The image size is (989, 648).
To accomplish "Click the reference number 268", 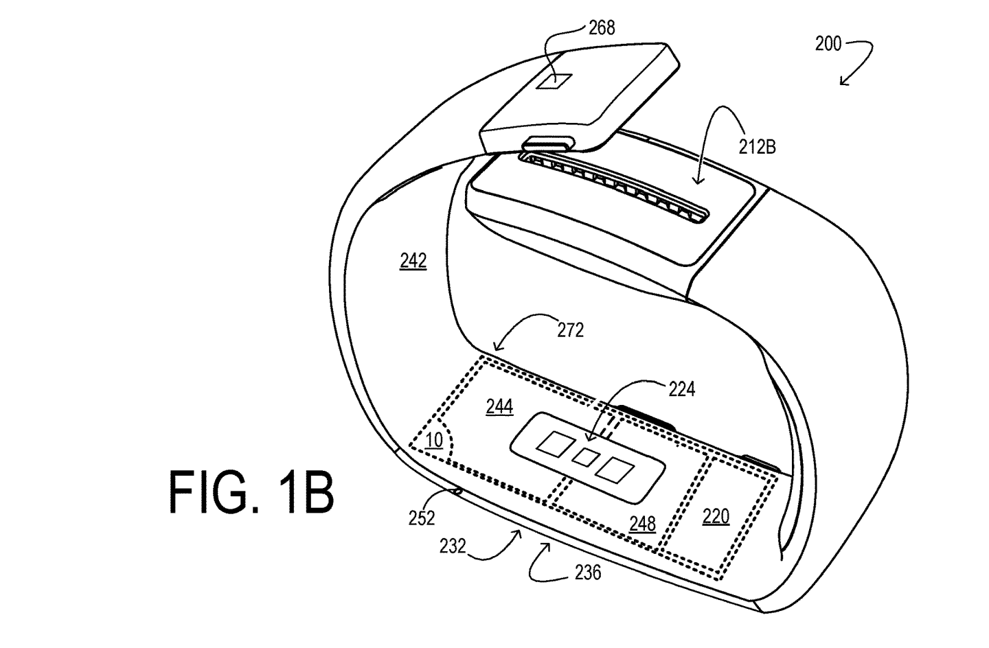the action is (602, 28).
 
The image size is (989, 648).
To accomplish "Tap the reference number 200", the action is (828, 44).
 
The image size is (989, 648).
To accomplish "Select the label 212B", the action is (757, 147).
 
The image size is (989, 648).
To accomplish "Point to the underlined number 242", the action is (413, 262).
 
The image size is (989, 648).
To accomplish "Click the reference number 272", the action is (571, 330).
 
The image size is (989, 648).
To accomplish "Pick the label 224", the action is (682, 389).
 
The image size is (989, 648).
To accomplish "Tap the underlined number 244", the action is (499, 406).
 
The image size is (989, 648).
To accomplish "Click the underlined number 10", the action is (435, 441).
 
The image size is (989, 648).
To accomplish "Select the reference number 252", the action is (422, 518).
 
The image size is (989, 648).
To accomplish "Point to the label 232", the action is (453, 546).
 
